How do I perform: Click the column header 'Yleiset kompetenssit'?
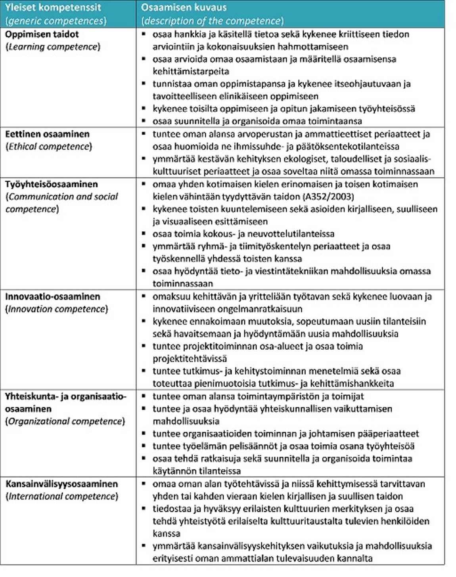[54, 7]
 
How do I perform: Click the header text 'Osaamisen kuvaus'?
[184, 7]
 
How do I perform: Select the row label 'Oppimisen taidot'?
[42, 34]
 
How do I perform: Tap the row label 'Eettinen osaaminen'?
[47, 134]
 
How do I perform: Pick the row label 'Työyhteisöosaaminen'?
[51, 184]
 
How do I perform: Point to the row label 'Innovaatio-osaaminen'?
[53, 297]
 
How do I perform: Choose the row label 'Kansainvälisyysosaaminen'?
[61, 484]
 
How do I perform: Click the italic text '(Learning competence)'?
[53, 47]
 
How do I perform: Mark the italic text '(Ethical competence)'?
[49, 147]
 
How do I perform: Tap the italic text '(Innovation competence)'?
[56, 309]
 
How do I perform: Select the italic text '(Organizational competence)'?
[65, 421]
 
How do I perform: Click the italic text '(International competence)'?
[62, 496]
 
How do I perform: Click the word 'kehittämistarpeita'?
[191, 72]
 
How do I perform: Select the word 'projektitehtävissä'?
[190, 359]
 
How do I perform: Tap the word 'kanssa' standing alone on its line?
[167, 533]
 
